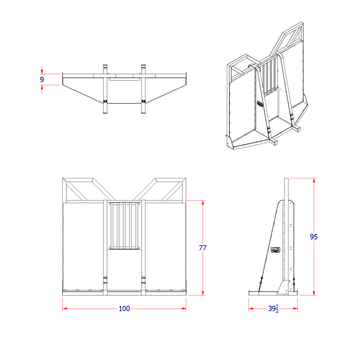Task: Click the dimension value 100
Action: click(x=124, y=309)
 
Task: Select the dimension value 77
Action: click(x=203, y=248)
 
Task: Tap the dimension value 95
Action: click(x=314, y=237)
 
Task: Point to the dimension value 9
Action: click(x=42, y=79)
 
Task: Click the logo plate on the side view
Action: click(x=276, y=251)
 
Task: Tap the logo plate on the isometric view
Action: click(x=261, y=103)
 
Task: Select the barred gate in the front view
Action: click(x=124, y=226)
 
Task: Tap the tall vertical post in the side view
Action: click(x=287, y=206)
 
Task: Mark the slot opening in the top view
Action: click(x=124, y=80)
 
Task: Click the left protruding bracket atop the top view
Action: click(x=105, y=68)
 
